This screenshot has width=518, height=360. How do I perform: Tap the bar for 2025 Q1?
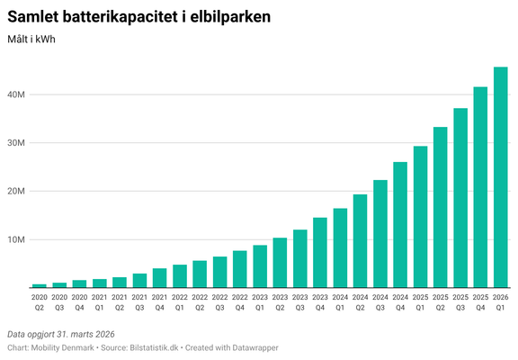pos(420,217)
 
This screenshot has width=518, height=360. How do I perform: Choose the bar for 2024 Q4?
pos(400,225)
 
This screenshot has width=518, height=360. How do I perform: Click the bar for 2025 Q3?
pos(460,198)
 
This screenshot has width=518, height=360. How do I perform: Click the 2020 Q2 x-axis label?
pos(39,301)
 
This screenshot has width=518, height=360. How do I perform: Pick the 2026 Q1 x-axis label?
pos(501,301)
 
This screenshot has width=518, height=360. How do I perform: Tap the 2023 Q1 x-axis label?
pos(260,301)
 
